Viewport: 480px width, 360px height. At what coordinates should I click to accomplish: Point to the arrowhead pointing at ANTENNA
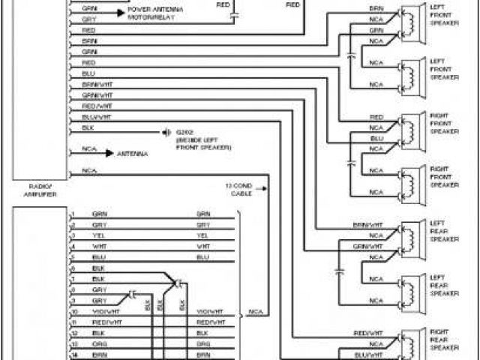click(x=109, y=154)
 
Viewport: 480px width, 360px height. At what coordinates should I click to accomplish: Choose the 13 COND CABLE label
click(x=241, y=188)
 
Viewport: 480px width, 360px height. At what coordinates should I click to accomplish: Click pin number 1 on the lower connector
click(x=73, y=214)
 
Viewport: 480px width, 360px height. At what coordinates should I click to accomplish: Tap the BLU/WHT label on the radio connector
click(x=97, y=117)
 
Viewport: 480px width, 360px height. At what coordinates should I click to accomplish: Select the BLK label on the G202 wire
click(x=88, y=128)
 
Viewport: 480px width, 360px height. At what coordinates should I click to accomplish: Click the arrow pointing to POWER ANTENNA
click(x=120, y=13)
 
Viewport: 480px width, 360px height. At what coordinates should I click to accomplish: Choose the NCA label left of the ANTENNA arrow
click(x=89, y=150)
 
